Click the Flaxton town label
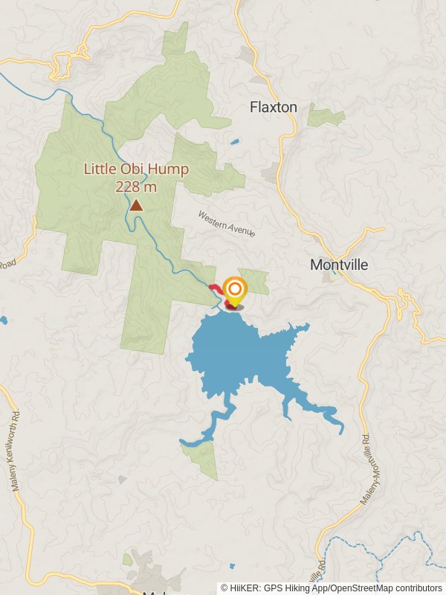273,107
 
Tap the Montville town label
338,265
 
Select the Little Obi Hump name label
136,169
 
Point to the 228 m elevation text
136,186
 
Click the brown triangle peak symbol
136,205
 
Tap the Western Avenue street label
226,224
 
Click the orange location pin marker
235,290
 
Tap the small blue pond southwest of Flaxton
235,141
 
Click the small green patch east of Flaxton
326,116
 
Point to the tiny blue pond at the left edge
3,321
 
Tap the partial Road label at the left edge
7,264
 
